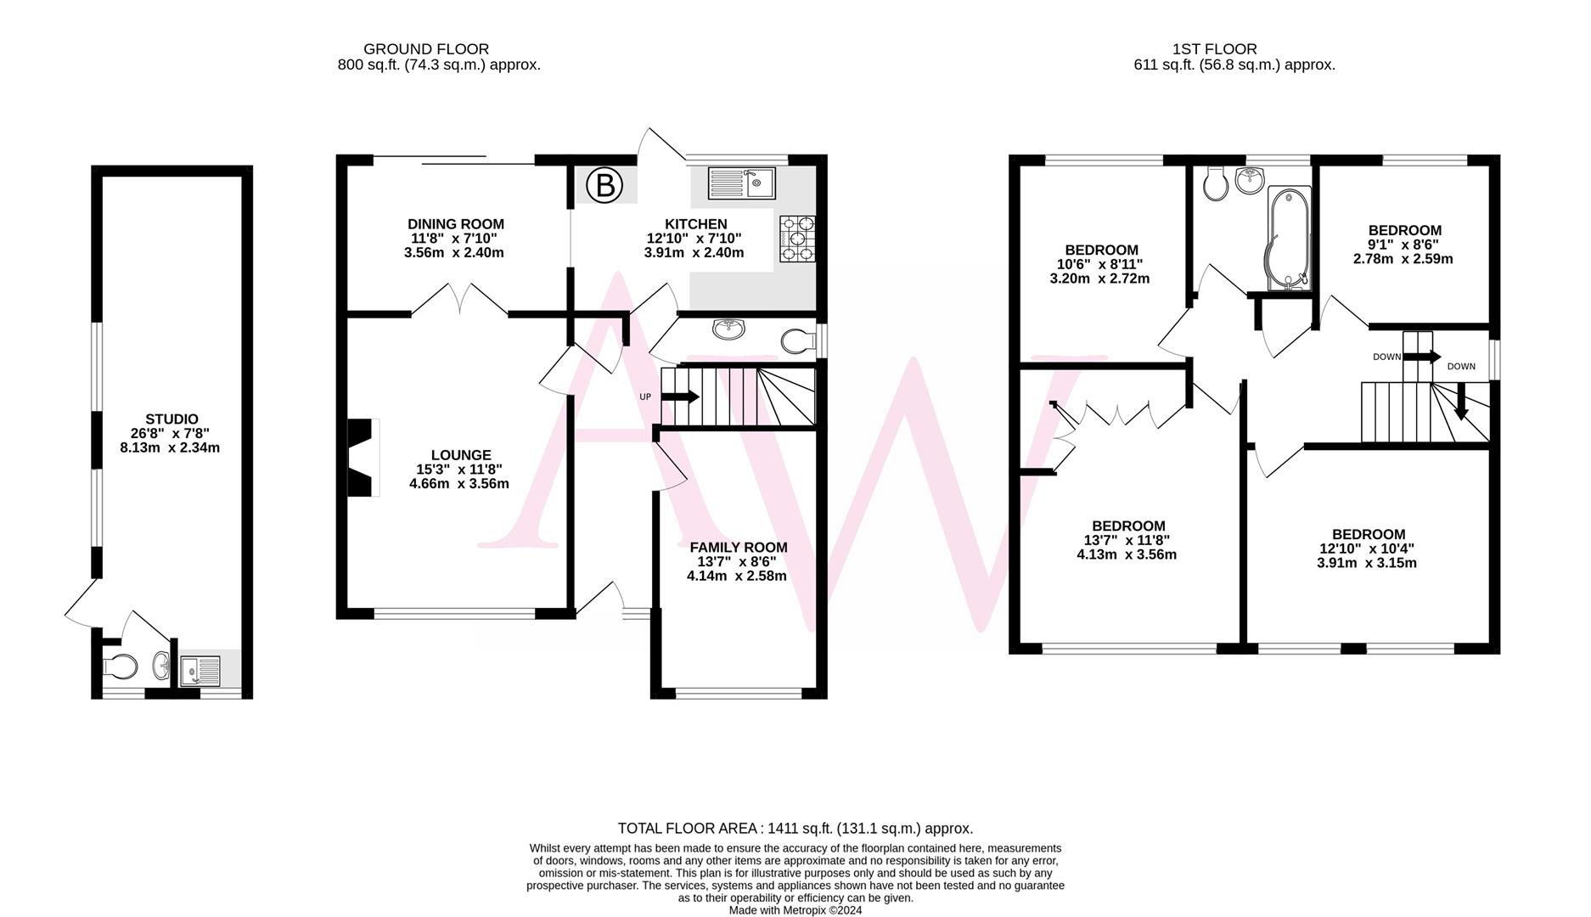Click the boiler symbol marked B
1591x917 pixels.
(604, 185)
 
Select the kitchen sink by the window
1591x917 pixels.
(740, 183)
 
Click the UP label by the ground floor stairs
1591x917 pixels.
(645, 397)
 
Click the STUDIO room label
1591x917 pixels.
(171, 419)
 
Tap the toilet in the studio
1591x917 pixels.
(120, 666)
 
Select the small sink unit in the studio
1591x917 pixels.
(200, 671)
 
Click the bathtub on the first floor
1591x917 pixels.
(1288, 239)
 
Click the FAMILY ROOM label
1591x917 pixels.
(738, 548)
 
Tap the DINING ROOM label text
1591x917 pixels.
(455, 224)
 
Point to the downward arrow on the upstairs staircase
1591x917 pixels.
(1461, 402)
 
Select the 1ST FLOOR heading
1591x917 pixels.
(1214, 49)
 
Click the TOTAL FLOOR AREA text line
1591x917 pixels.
(795, 828)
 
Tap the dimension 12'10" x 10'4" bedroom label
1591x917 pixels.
(1367, 549)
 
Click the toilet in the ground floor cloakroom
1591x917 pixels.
(795, 341)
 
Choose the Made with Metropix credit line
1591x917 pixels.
(795, 910)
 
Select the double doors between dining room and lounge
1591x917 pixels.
(459, 299)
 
